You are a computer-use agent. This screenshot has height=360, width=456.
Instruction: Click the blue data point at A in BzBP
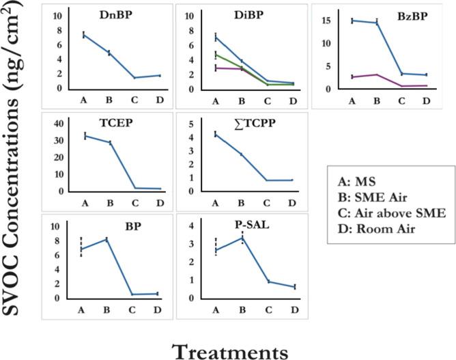[353, 20]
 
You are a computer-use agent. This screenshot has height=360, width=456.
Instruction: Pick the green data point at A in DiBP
[216, 55]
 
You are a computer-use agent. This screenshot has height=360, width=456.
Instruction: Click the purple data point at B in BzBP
[377, 74]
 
